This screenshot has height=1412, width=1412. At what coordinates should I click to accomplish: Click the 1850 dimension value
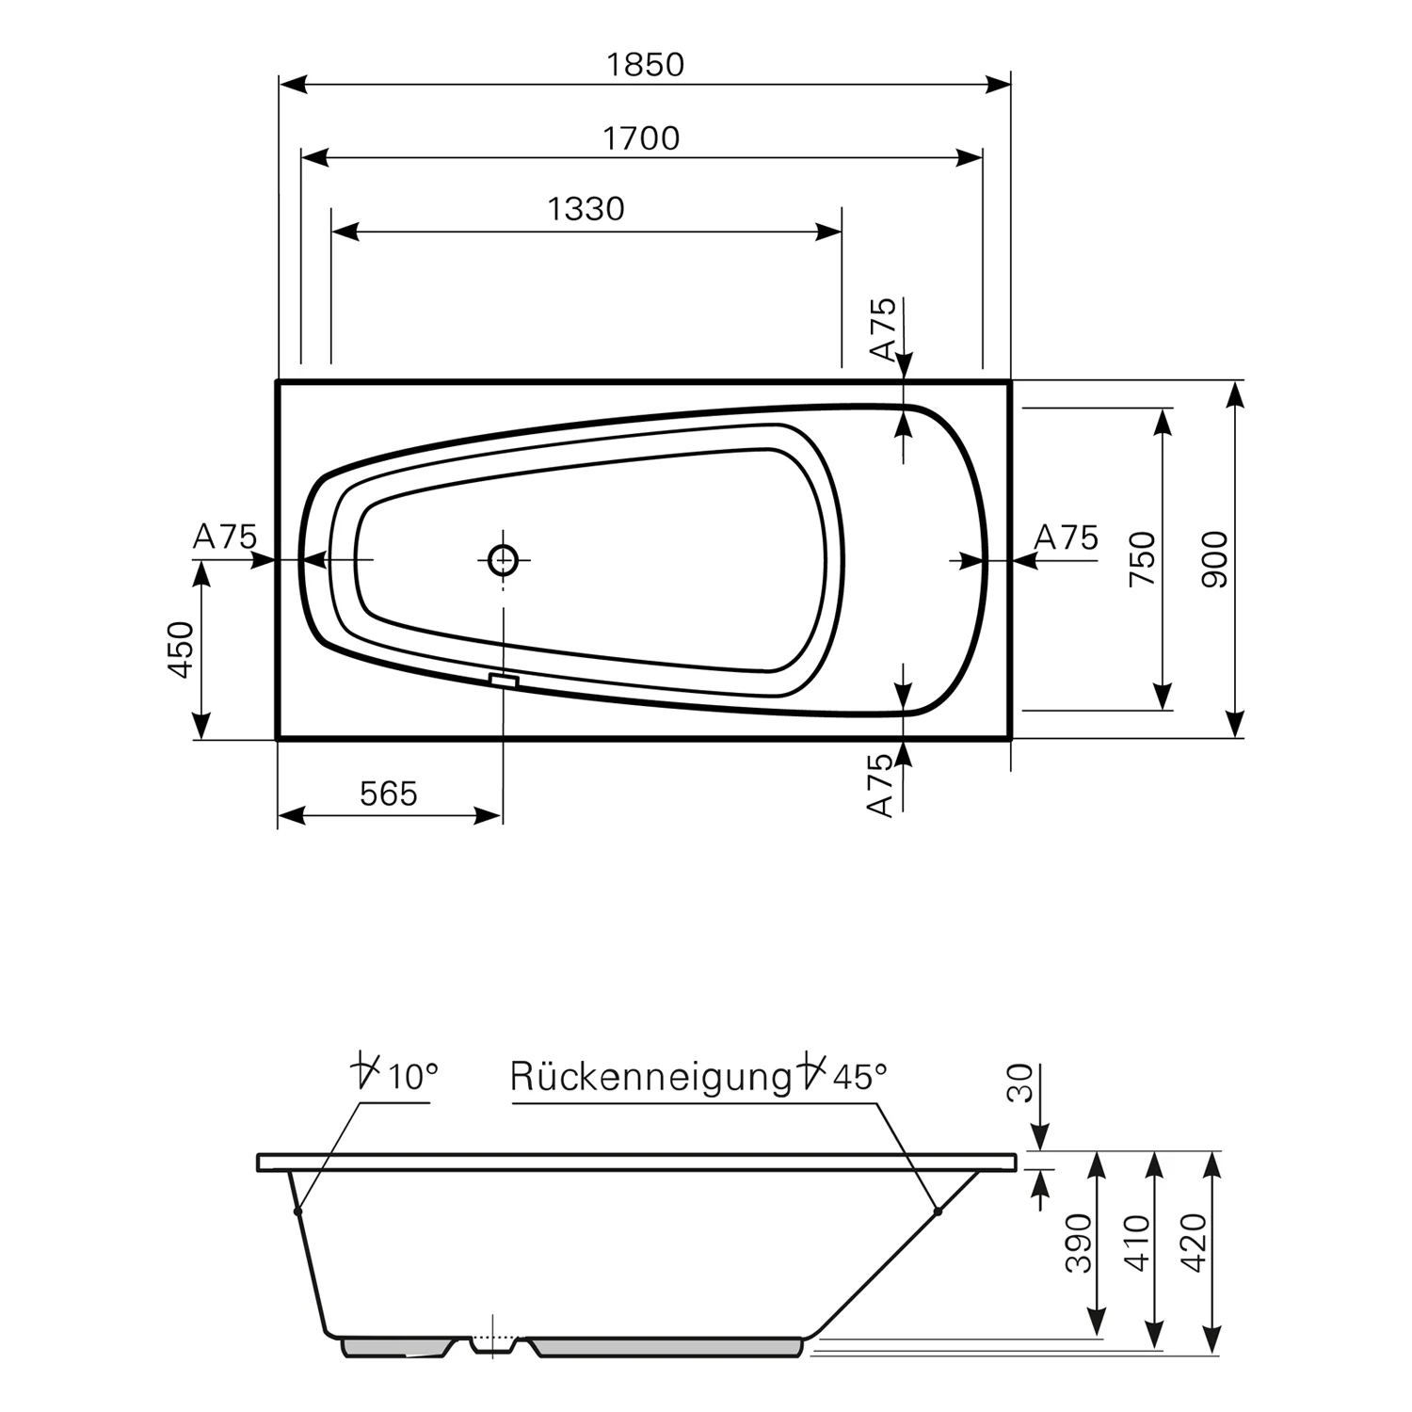click(645, 65)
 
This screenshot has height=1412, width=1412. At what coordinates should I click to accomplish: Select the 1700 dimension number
click(641, 138)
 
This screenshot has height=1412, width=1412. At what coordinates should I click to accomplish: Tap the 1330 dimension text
click(586, 208)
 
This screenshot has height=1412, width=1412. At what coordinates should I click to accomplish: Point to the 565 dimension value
click(388, 794)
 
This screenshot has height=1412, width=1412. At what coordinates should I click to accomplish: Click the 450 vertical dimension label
click(180, 650)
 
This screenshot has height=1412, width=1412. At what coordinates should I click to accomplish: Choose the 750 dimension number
click(1142, 558)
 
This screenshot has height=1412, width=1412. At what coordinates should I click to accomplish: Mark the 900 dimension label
click(1215, 559)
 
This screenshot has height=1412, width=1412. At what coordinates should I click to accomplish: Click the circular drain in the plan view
click(504, 560)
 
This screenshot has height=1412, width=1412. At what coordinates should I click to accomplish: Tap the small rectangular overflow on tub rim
click(505, 680)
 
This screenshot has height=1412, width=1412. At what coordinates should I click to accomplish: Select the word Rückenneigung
click(650, 1077)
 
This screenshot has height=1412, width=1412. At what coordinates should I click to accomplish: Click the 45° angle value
click(858, 1075)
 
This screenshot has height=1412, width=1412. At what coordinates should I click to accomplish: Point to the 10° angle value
click(412, 1075)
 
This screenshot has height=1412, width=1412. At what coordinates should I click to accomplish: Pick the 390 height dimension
click(1080, 1243)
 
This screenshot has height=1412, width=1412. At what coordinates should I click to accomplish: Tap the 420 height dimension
click(1193, 1243)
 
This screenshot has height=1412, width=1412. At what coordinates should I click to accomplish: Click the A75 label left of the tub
click(224, 537)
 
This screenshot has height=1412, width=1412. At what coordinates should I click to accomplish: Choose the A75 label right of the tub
click(1066, 538)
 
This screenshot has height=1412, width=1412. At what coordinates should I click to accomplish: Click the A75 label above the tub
click(882, 329)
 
